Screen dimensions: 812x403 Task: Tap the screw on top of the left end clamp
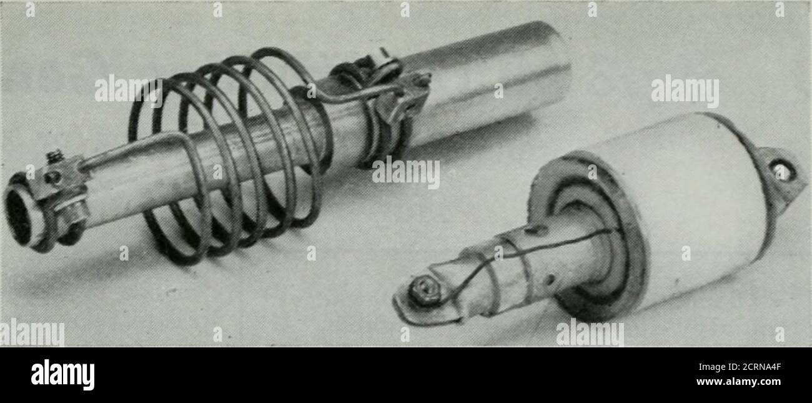pos(55,156)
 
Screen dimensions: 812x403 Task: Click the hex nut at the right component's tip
pos(424,290)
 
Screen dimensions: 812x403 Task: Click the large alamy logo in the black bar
pos(62,374)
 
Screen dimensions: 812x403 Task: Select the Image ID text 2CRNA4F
pos(740,367)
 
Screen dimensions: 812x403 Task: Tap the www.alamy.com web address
pos(738,382)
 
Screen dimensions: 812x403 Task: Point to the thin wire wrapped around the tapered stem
pos(515,261)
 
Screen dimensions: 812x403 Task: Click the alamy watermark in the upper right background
pos(685,91)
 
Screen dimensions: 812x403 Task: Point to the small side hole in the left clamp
pos(53,177)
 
